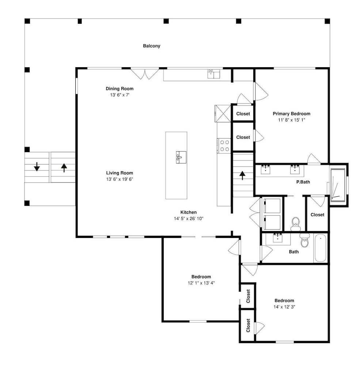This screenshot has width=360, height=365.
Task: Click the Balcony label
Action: tap(152, 46)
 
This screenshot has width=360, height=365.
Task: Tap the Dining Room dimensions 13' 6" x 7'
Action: tap(120, 95)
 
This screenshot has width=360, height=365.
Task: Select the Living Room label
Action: tap(120, 173)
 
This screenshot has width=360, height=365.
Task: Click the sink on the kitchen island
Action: tap(181, 157)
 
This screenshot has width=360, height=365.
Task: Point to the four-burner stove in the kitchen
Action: tap(224, 146)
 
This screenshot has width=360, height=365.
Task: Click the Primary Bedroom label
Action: tap(291, 114)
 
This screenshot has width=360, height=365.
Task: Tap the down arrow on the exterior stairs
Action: tap(37, 167)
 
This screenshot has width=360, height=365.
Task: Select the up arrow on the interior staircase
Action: tap(242, 176)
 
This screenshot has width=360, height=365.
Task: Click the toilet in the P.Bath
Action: tap(296, 224)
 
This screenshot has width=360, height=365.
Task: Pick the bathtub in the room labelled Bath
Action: tap(321, 248)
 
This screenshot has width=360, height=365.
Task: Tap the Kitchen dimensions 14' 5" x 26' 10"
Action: tap(189, 219)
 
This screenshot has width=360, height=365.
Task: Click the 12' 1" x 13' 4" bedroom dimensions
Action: tap(201, 283)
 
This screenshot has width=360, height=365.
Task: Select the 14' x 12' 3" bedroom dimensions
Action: tap(284, 307)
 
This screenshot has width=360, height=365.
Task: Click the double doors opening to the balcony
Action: tap(145, 74)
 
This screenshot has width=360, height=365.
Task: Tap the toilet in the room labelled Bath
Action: tap(304, 240)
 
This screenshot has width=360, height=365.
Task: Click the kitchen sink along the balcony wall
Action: tap(214, 74)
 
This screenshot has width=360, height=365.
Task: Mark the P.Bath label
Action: tap(303, 182)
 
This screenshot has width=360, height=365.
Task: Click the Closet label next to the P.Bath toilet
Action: tap(318, 215)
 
